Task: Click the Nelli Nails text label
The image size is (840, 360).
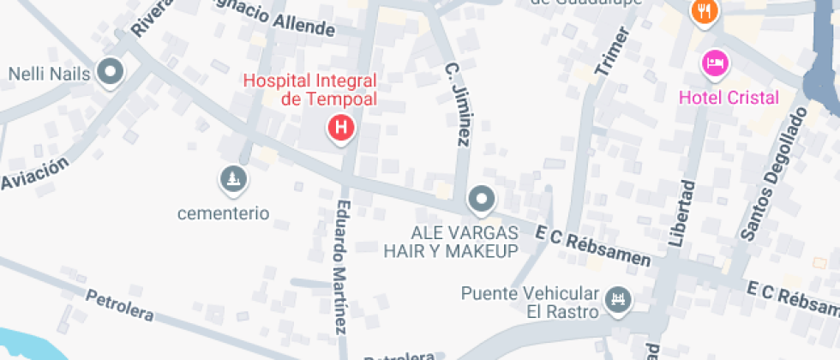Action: (x=49, y=74)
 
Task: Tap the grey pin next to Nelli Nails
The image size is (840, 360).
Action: (x=110, y=72)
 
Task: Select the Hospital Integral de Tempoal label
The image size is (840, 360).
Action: (x=310, y=89)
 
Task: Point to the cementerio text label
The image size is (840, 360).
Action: (x=223, y=213)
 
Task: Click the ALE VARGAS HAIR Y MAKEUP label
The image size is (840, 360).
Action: (x=451, y=242)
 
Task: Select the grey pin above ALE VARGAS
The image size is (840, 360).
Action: (x=482, y=201)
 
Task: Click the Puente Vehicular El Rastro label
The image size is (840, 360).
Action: (x=529, y=301)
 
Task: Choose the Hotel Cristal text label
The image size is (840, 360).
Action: (x=729, y=97)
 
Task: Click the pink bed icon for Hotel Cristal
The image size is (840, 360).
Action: (x=714, y=63)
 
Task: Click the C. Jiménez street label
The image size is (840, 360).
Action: (x=458, y=103)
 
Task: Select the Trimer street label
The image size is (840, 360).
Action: (x=612, y=52)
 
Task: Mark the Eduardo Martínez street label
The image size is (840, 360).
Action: (x=341, y=266)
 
